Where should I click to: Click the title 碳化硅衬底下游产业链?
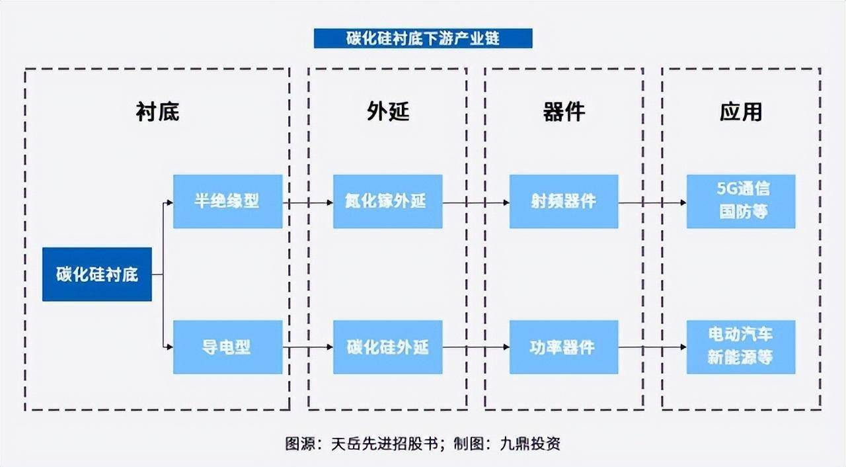(423, 38)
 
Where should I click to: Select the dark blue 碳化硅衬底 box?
(97, 275)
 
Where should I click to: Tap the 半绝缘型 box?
(227, 201)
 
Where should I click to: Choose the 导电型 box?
(227, 347)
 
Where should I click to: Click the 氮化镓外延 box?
(387, 201)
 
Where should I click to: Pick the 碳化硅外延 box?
(387, 347)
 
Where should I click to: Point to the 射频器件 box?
(564, 201)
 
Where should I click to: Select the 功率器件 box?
(564, 347)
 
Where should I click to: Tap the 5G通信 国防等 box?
(741, 201)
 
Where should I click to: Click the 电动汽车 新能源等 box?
(741, 347)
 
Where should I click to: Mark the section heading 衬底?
(157, 112)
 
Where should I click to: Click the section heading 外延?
(388, 112)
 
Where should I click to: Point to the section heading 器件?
(564, 112)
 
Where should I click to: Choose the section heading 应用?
(741, 112)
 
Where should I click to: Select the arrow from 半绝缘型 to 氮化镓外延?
(308, 202)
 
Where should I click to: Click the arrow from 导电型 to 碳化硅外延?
(308, 347)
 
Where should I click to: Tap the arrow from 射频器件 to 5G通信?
(652, 202)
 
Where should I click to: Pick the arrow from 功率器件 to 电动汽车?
(652, 347)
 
